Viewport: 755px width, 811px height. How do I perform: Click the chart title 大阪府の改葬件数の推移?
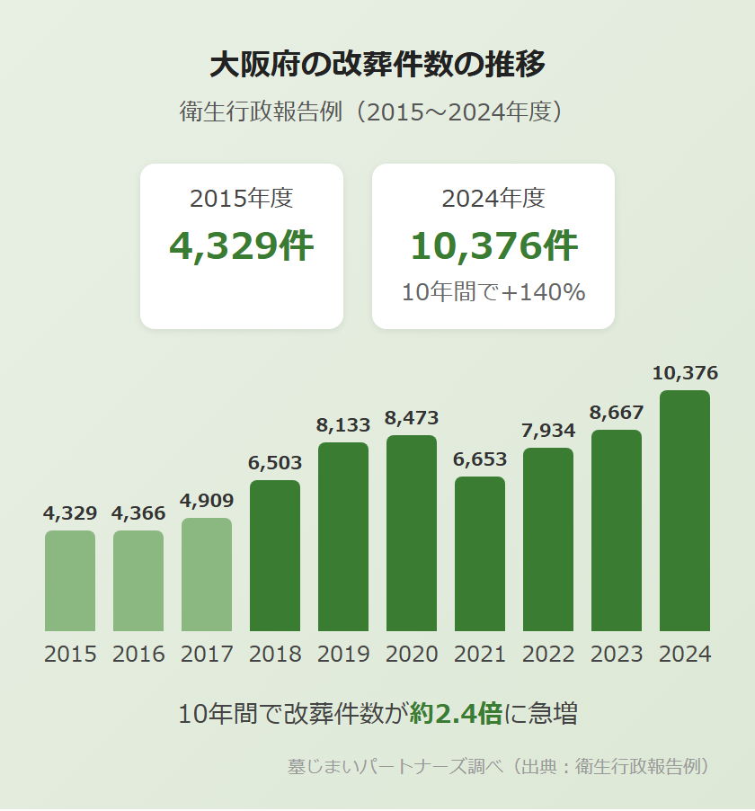[377, 65]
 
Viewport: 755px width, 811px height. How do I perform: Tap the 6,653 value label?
[480, 459]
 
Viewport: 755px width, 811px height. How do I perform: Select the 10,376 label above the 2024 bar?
[685, 373]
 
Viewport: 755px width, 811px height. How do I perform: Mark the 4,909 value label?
[207, 501]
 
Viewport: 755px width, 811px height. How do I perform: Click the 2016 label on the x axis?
[138, 655]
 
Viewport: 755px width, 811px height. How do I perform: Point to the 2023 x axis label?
[617, 655]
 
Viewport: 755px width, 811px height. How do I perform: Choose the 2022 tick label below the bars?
[548, 655]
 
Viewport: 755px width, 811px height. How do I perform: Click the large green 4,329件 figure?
[242, 245]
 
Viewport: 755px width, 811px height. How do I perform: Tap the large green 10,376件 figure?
[493, 245]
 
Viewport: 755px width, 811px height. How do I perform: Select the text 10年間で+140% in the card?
[493, 292]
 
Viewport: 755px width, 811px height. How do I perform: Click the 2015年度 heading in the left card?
[242, 199]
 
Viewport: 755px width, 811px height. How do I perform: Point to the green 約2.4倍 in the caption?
[455, 714]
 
